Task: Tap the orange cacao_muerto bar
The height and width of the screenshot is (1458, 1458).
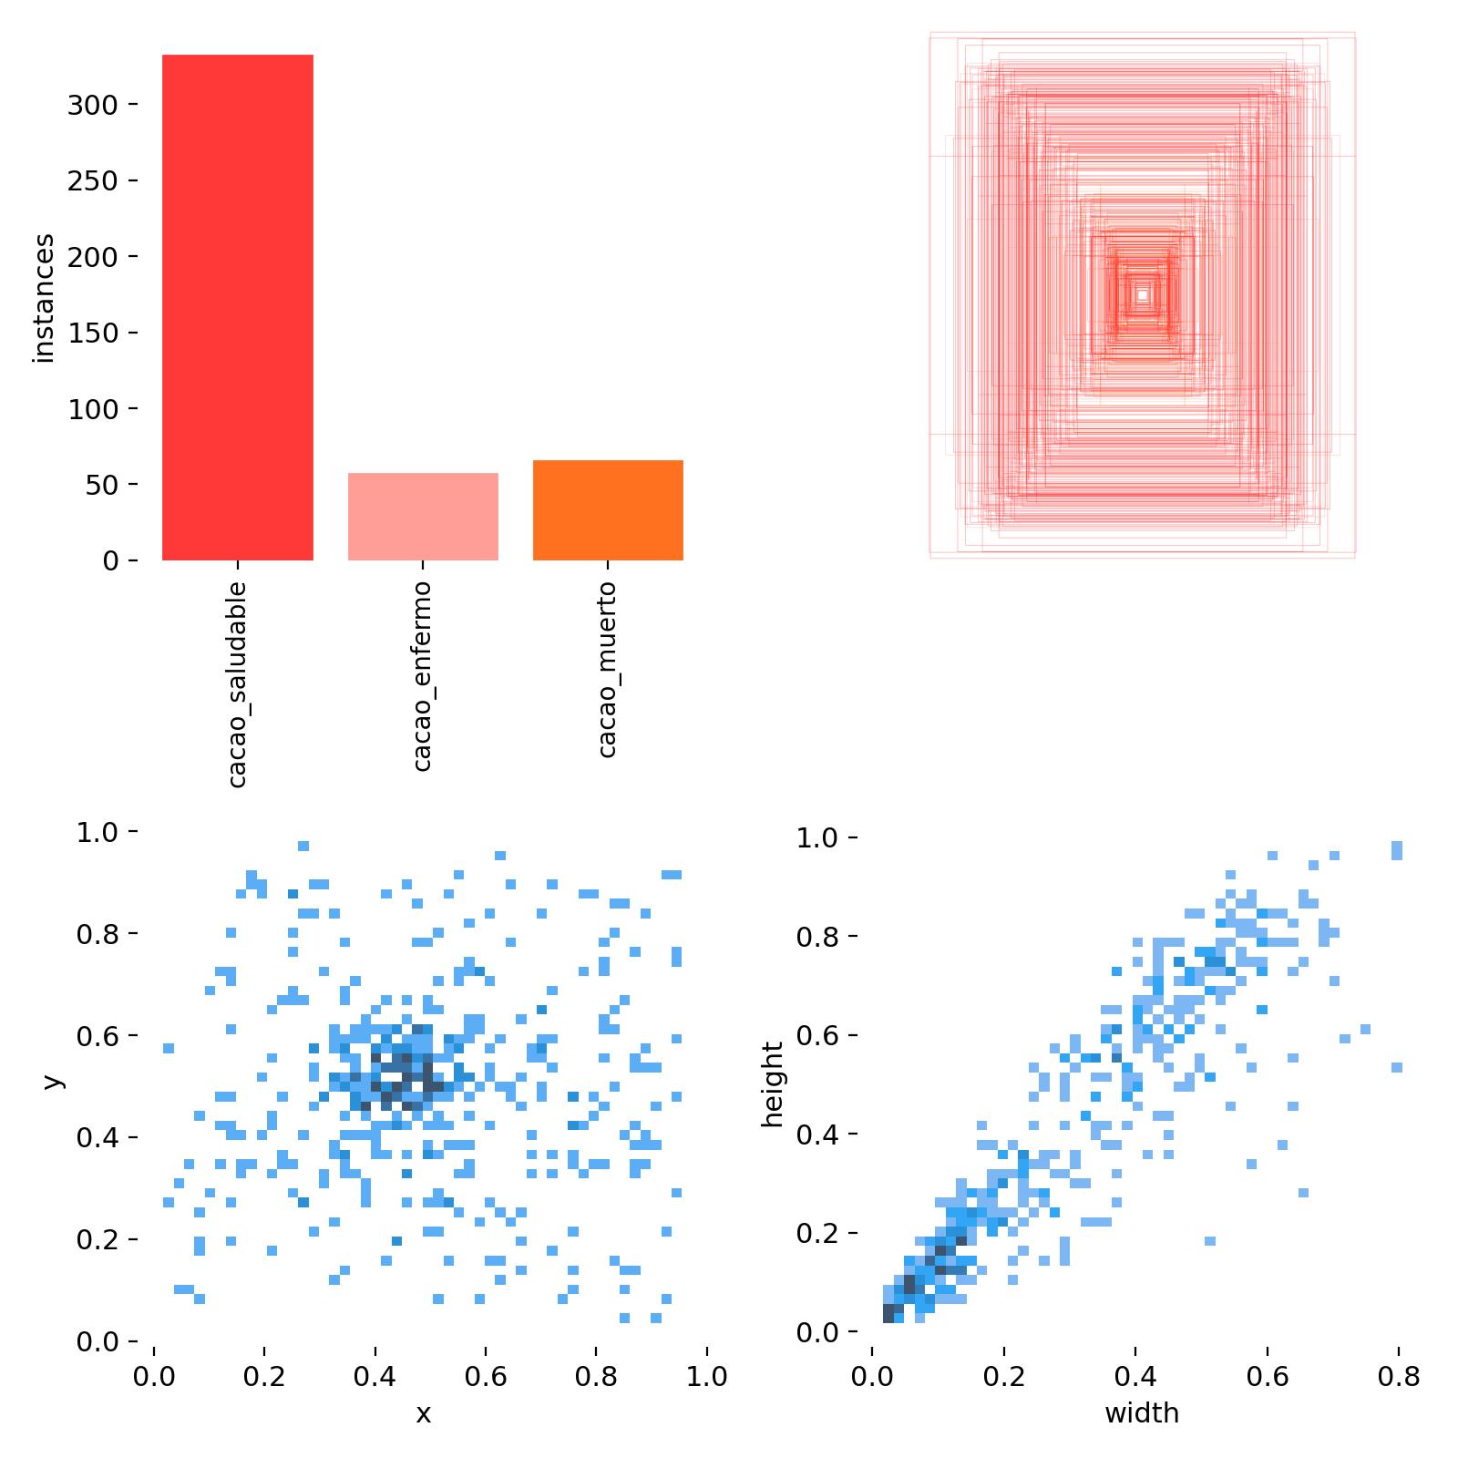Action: [608, 509]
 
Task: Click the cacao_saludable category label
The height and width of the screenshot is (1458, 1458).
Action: [237, 683]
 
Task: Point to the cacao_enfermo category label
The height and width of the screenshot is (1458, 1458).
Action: [422, 675]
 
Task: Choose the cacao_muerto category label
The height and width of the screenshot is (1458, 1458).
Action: [607, 669]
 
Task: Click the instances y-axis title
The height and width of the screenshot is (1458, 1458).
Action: [44, 298]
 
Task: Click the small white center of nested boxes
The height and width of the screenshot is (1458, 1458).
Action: [1142, 294]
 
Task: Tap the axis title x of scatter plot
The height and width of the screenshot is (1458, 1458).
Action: [423, 1414]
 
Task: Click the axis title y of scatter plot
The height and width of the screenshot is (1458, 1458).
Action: [53, 1081]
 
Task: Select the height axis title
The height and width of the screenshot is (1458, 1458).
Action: [773, 1084]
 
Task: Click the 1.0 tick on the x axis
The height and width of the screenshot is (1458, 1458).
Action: [706, 1376]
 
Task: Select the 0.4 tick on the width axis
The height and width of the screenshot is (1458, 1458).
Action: [1135, 1376]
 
